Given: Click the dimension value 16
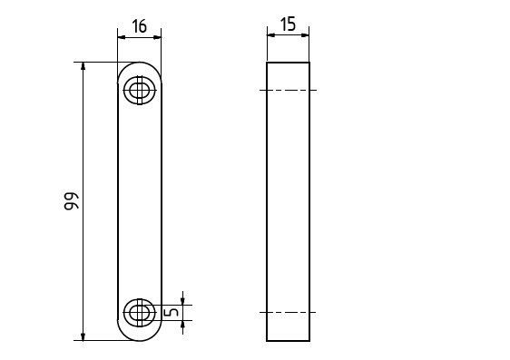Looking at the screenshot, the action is click(x=140, y=26).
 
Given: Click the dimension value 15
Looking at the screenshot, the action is click(x=289, y=24).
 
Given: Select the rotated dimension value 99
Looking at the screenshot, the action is click(x=71, y=201).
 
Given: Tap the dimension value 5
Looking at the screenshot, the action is click(x=172, y=312).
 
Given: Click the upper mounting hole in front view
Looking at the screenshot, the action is click(x=140, y=90).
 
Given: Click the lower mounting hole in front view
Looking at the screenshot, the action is click(x=140, y=313).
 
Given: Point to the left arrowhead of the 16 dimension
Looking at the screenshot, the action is click(x=122, y=38).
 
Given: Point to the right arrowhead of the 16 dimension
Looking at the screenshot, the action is click(x=157, y=38).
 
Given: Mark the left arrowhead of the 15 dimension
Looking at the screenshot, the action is click(x=271, y=35).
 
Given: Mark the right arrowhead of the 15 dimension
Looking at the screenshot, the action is click(x=305, y=35).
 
